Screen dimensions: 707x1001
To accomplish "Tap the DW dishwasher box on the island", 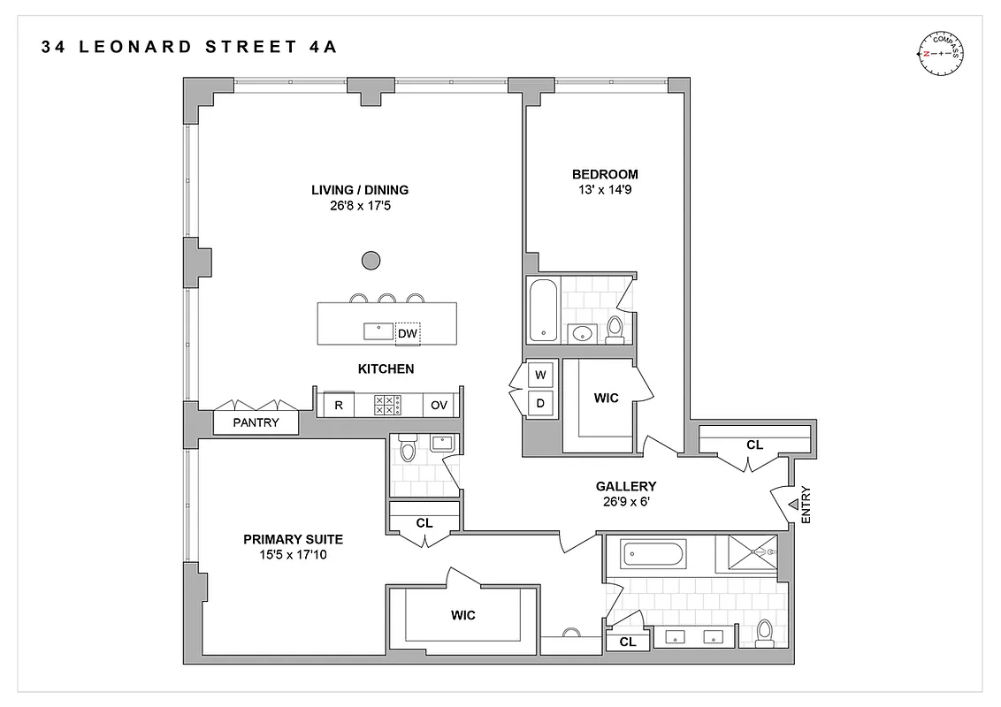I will [x=408, y=333].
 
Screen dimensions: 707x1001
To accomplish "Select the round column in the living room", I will [x=371, y=260].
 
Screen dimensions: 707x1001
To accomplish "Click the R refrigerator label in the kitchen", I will [x=338, y=405].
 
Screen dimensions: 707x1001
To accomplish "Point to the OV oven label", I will [x=439, y=405].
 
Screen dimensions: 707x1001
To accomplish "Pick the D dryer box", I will [x=540, y=403].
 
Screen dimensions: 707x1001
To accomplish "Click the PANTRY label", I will [x=256, y=422].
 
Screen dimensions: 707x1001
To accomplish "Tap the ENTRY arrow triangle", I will [x=793, y=504].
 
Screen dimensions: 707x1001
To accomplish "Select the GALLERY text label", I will [x=625, y=486].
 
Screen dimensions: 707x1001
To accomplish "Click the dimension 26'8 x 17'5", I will [x=359, y=206].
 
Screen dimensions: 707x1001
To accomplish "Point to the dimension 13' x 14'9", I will [x=604, y=190].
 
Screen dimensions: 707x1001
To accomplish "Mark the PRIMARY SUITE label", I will [x=294, y=539].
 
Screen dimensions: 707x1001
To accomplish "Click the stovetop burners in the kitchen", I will [x=387, y=405].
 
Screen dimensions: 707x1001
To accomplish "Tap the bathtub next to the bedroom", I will [x=542, y=310].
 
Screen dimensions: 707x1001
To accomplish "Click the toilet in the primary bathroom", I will [x=766, y=633].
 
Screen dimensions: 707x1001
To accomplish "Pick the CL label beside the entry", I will [x=754, y=445].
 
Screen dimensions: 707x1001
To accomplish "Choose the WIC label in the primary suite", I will [x=463, y=615].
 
